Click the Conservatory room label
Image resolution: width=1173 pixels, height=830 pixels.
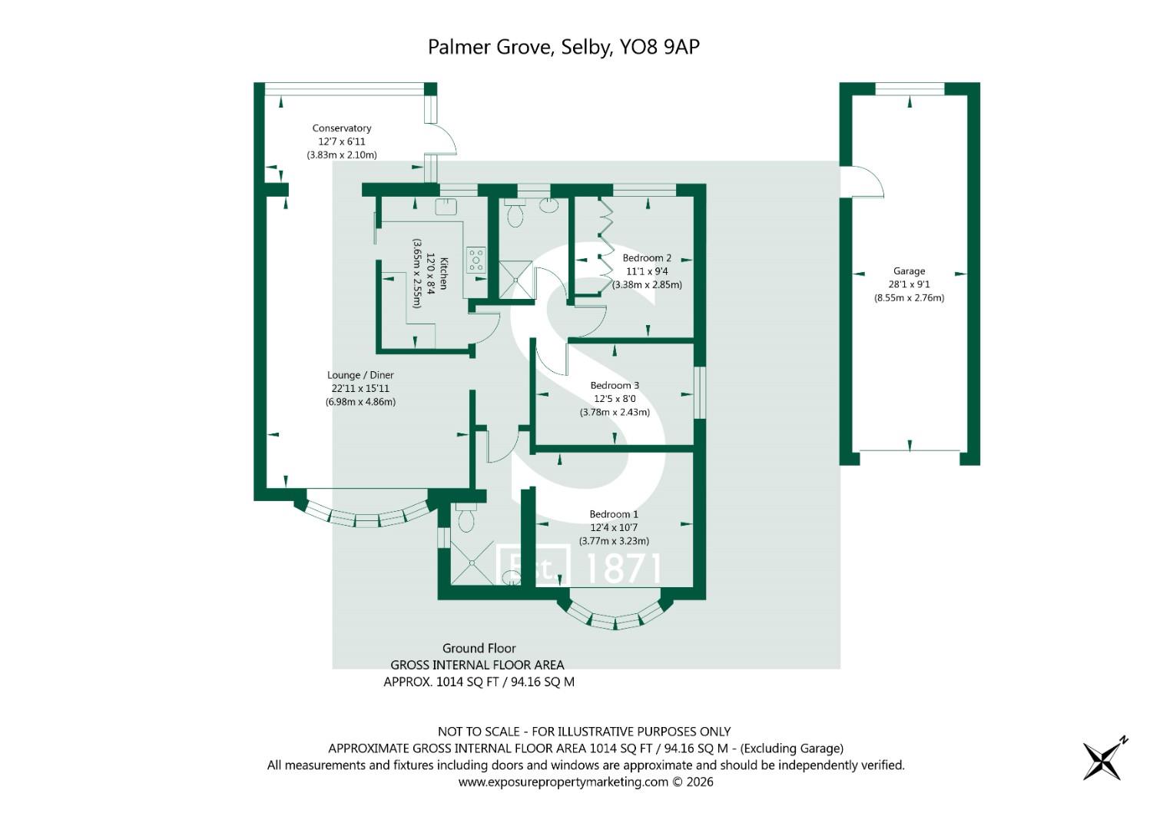341,128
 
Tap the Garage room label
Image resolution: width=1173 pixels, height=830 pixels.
909,271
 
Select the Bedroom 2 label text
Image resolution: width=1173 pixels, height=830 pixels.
647,257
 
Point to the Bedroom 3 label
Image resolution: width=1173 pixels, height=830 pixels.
615,385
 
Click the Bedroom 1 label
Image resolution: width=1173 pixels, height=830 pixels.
614,514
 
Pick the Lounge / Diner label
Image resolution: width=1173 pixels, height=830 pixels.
360,375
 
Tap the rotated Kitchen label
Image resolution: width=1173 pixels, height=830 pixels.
443,274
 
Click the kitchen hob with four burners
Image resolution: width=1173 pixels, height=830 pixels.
476,260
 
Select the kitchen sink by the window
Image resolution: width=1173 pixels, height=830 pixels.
446,207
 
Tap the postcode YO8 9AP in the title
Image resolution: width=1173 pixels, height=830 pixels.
659,47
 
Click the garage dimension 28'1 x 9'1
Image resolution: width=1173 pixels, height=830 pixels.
909,284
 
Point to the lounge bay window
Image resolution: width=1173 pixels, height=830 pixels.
366,516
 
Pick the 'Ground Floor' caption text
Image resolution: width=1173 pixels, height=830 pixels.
479,648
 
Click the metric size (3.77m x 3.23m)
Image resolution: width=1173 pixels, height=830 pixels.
614,541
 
